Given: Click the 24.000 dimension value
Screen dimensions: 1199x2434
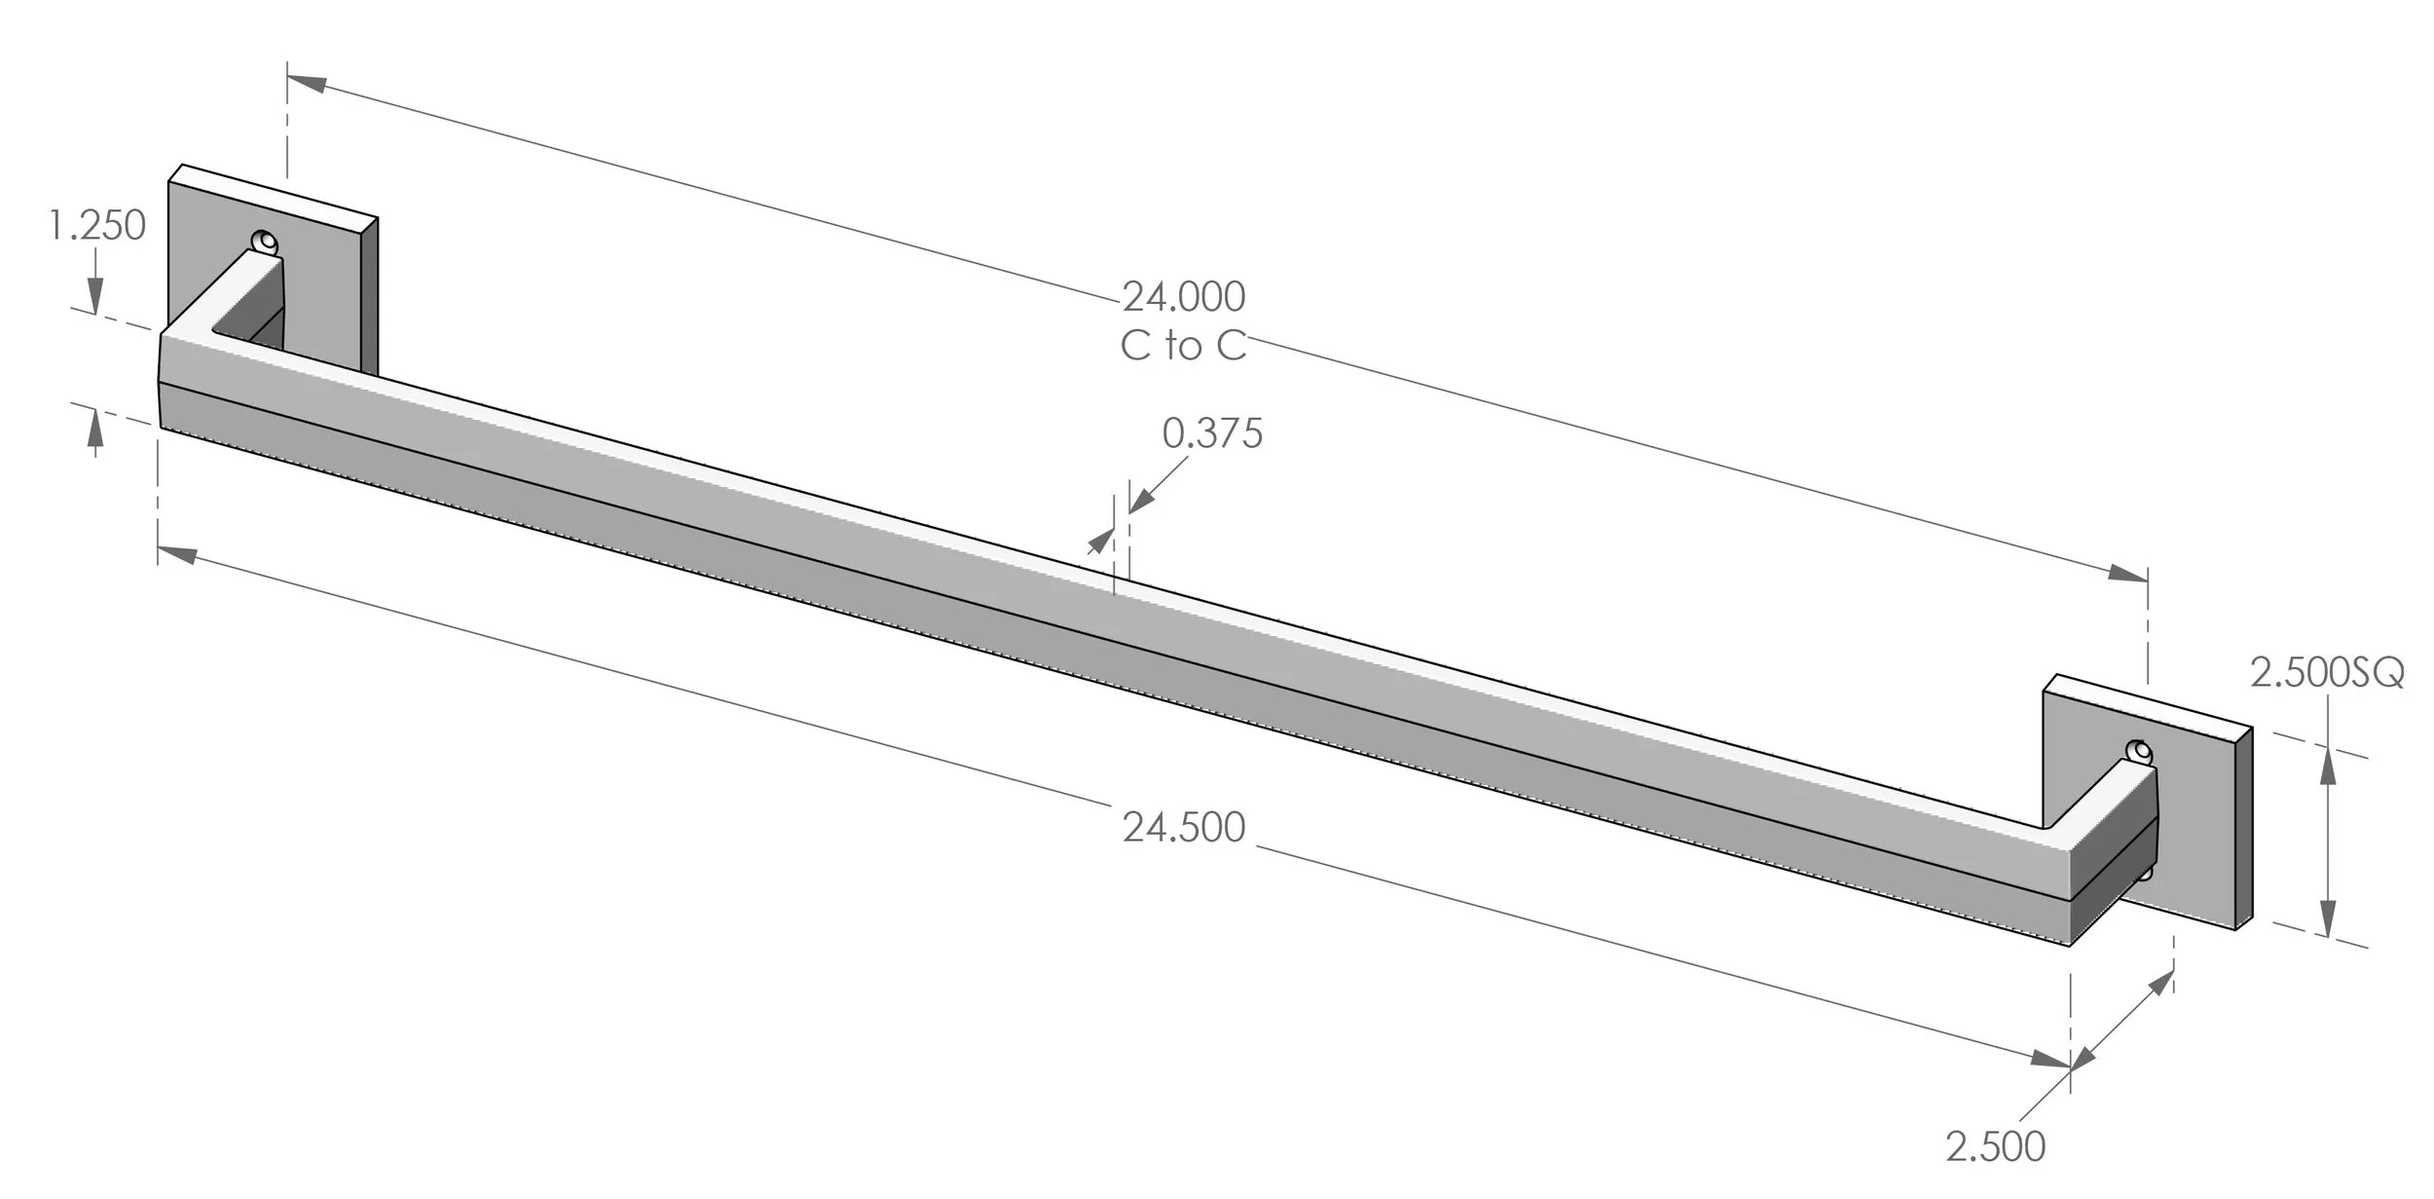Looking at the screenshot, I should (x=1184, y=296).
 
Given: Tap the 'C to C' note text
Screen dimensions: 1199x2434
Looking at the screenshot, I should (x=1183, y=346).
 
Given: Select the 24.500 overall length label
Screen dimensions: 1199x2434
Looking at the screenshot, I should (x=1184, y=827).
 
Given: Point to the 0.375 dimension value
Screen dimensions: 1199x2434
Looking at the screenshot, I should (x=1212, y=433).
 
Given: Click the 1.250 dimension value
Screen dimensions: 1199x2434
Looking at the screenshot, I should (x=97, y=226).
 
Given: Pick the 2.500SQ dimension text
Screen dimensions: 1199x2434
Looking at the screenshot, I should (x=2327, y=673).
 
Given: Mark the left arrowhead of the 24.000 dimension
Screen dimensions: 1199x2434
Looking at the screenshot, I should (x=307, y=82).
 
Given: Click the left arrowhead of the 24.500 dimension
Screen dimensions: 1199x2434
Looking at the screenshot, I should (x=177, y=554).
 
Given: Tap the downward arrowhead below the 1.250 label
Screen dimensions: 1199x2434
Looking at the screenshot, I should (x=95, y=295).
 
